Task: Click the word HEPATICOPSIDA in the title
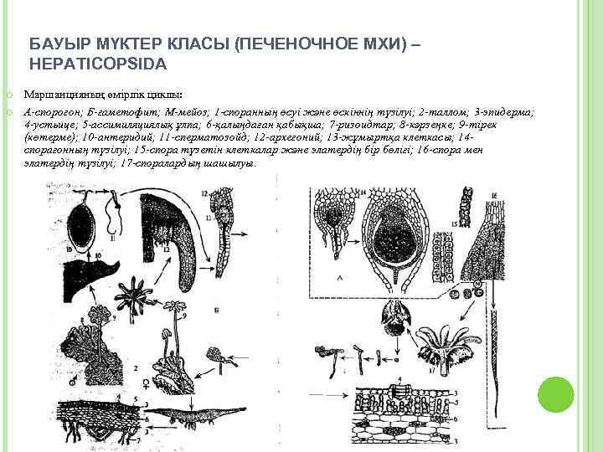click(98, 63)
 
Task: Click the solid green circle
click(556, 394)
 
